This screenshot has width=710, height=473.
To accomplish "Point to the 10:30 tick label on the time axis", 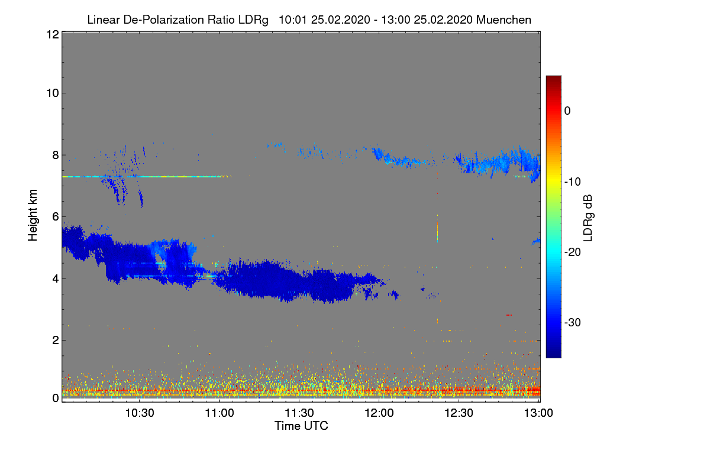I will point(140,413).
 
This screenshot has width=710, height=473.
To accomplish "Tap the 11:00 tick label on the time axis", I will point(220,413).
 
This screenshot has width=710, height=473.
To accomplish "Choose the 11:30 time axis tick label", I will point(299,413).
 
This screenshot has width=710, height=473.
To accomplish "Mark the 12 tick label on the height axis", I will point(51,35).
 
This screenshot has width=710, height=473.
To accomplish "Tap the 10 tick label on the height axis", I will point(51,93).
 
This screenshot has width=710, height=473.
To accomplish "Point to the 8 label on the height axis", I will point(54,155).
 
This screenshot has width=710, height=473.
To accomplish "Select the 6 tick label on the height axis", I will point(54,217).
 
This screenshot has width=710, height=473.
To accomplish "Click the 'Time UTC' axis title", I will point(301,426).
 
